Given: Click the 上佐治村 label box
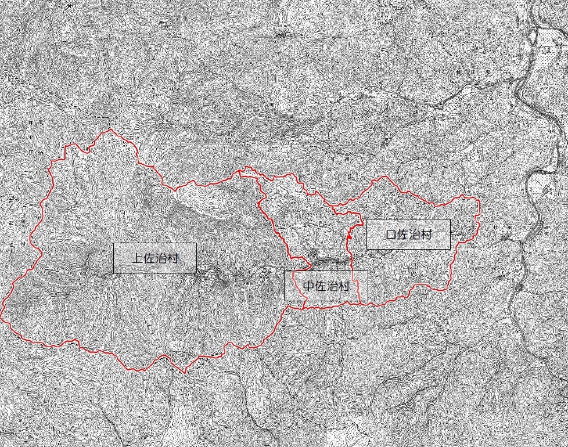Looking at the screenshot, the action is coord(154,258).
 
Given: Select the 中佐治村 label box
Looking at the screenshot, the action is coord(325,286).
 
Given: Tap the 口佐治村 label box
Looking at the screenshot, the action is coord(408,234).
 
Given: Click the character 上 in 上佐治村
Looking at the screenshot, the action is coord(138,258).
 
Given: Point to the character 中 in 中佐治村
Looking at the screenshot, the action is coord(308,286).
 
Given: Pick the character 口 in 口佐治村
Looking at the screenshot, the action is coord(391,235).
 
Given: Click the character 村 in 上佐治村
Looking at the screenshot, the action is coord(172,258).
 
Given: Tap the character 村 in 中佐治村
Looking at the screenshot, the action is coord(343,286).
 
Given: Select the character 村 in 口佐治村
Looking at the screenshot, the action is coord(426,235).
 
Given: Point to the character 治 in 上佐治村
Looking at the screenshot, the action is coord(161,258).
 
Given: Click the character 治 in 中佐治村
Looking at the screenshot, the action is coord(332,286).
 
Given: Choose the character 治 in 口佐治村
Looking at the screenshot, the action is coord(415,235).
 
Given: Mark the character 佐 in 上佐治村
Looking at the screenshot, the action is coord(149,258).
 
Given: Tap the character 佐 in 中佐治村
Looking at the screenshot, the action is coord(320,286).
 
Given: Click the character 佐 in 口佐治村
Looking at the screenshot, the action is coord(403,235).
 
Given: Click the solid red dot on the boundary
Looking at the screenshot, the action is coord(348,237).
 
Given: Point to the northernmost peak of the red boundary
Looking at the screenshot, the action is coord(109,131).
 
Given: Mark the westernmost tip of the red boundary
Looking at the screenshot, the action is coord(2,316).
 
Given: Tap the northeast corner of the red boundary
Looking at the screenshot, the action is coord(477,199).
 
